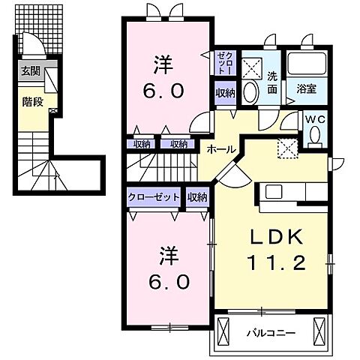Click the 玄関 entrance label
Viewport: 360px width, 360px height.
pos(30,71)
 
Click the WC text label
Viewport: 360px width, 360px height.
pos(313,118)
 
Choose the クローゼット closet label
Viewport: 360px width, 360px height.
pos(153,196)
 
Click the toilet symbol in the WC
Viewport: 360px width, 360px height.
pos(315,133)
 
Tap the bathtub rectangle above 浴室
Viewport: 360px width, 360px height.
pos(304,64)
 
